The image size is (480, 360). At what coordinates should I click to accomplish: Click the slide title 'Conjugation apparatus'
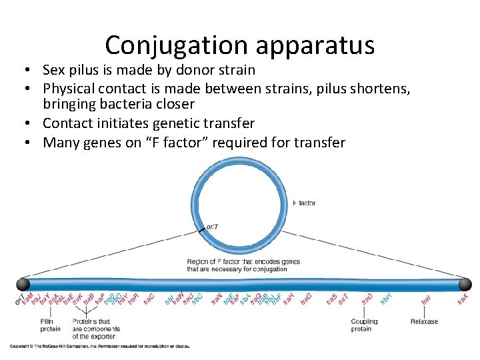click(x=239, y=45)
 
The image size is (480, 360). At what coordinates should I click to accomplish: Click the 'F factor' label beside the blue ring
click(x=304, y=203)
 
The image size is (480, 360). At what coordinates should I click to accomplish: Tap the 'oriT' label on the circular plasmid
click(x=211, y=227)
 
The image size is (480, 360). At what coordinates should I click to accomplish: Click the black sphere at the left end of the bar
click(x=23, y=284)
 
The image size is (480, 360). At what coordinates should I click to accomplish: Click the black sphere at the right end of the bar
click(x=465, y=284)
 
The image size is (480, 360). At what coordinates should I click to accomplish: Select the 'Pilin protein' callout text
click(x=50, y=325)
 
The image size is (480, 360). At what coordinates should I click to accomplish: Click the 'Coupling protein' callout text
click(x=364, y=325)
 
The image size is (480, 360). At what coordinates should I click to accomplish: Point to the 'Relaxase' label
click(x=424, y=321)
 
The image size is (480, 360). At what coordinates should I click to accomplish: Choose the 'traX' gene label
click(x=463, y=299)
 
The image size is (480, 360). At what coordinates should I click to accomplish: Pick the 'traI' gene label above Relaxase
click(x=425, y=300)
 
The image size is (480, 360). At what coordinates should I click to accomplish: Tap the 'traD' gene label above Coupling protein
click(x=367, y=299)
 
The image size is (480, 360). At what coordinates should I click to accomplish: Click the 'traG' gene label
click(x=306, y=299)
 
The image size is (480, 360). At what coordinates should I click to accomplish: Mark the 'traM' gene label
click(x=29, y=299)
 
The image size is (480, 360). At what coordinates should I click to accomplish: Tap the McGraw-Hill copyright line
click(x=100, y=345)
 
